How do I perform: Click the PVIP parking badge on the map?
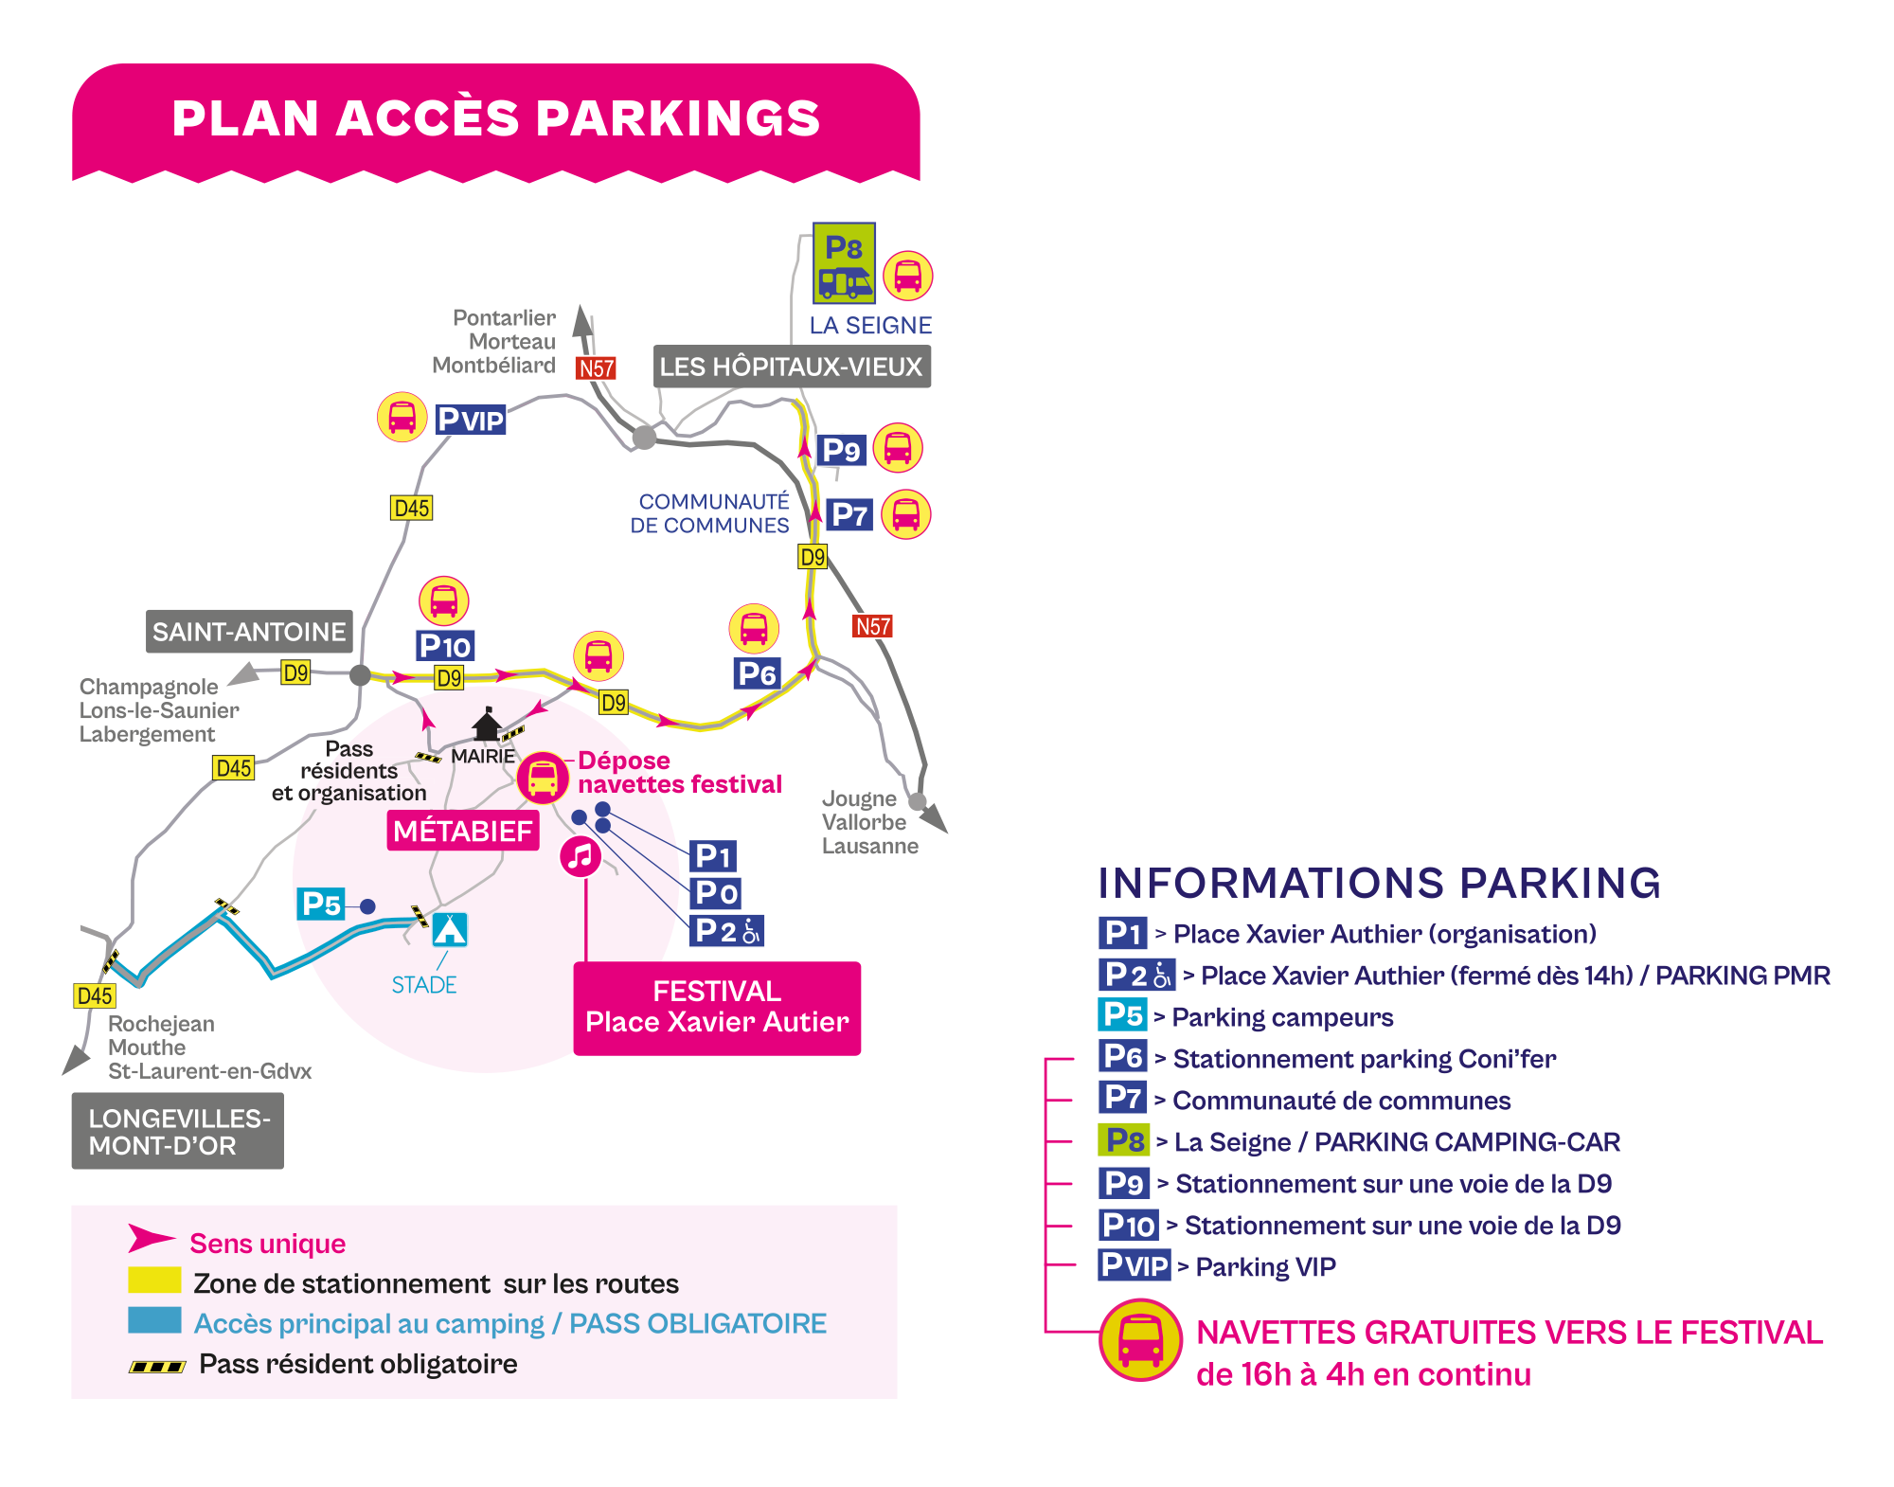coord(471,419)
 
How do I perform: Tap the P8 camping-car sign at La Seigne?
coord(844,263)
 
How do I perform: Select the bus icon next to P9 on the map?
coord(897,448)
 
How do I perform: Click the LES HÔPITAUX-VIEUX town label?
coord(792,367)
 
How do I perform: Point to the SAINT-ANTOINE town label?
coord(249,632)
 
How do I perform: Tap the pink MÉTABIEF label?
coord(463,831)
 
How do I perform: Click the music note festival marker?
coord(581,856)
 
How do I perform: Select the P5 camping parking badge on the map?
coord(321,905)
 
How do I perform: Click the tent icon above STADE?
coord(450,929)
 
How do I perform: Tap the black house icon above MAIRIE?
coord(487,725)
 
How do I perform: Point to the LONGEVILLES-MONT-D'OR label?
coord(178,1131)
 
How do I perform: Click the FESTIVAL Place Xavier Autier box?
coord(717,1008)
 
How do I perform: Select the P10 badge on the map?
coord(445,646)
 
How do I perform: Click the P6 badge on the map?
coord(757,673)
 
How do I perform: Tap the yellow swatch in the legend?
coord(154,1280)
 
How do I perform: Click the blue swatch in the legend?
coord(154,1320)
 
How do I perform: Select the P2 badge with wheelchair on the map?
coord(726,931)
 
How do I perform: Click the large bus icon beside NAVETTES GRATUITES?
coord(1140,1340)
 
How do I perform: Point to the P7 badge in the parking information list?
coord(1123,1098)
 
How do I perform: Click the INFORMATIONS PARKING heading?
coord(1379,883)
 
